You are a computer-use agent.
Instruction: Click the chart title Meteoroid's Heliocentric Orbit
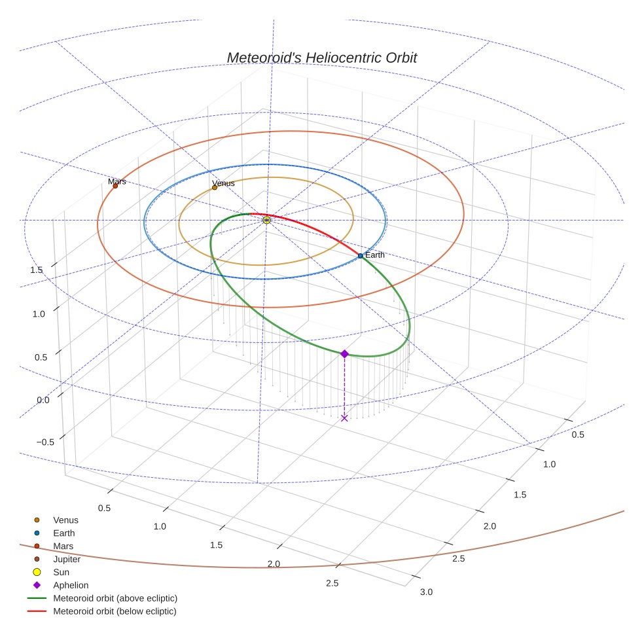[321, 58]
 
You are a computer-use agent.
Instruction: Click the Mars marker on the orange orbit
[115, 186]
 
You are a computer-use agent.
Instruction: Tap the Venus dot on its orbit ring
[215, 188]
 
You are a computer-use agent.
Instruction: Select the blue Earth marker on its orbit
[361, 256]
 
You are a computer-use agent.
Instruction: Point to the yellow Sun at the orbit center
[266, 220]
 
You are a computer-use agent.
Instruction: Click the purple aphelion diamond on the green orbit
[344, 353]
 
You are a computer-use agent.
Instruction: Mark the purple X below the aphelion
[344, 418]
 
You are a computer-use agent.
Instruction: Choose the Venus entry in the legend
[65, 520]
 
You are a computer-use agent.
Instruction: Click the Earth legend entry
[64, 533]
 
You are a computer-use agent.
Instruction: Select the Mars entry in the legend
[63, 546]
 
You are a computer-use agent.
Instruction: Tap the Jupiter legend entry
[67, 559]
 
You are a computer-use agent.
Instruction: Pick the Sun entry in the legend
[61, 572]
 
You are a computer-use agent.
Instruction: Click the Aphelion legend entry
[71, 585]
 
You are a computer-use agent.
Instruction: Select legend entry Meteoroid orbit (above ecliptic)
[115, 598]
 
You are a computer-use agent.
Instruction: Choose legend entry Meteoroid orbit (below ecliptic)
[115, 611]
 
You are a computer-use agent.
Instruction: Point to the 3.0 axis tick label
[426, 592]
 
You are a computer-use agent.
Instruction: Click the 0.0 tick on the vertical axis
[43, 400]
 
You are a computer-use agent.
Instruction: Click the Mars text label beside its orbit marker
[117, 181]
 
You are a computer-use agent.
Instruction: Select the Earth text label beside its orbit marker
[375, 255]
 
